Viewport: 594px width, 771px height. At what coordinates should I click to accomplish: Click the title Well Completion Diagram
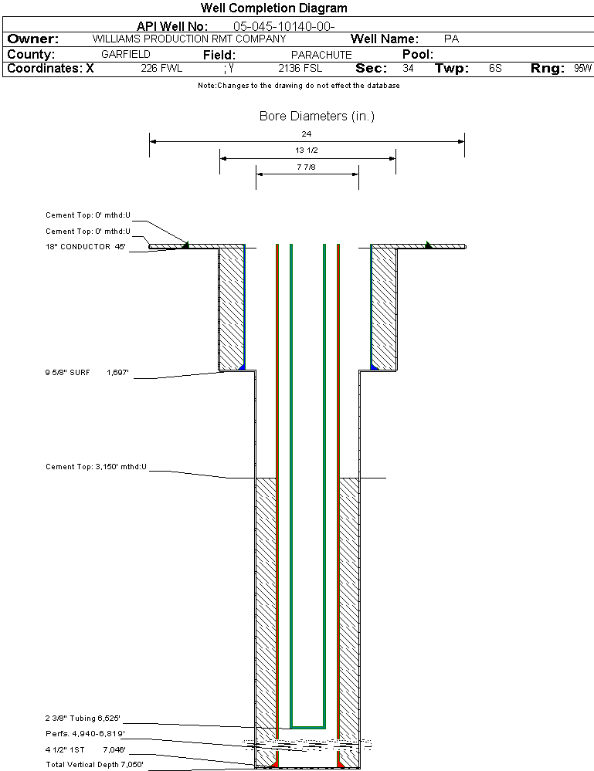point(273,8)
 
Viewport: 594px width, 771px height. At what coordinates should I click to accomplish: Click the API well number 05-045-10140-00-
point(284,26)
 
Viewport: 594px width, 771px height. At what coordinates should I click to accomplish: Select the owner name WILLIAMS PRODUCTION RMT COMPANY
point(189,39)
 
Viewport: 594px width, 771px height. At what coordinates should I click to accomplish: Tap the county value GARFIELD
point(126,54)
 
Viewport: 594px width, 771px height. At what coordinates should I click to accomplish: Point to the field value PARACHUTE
point(321,55)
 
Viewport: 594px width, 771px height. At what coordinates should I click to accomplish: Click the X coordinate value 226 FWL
point(161,68)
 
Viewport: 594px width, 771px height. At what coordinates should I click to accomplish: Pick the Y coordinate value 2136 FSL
point(300,68)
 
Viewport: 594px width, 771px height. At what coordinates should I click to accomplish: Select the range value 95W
point(582,68)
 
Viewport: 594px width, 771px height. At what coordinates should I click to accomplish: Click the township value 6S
point(495,68)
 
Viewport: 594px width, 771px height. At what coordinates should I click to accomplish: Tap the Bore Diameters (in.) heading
point(317,116)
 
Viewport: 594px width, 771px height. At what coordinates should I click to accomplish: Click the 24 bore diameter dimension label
point(306,134)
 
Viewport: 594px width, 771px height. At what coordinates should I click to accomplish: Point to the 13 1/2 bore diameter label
point(306,150)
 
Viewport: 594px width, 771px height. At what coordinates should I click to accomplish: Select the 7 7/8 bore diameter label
point(306,167)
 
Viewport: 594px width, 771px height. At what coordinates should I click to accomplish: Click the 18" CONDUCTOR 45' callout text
point(86,246)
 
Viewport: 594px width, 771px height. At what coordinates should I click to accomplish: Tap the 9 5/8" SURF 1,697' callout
point(87,373)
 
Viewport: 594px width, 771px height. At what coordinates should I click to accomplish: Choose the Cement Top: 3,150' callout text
point(96,467)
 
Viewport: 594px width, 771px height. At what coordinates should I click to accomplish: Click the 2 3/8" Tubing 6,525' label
point(83,719)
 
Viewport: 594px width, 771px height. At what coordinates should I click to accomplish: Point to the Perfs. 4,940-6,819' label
point(85,734)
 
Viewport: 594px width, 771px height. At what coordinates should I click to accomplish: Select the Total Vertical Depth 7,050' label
point(94,765)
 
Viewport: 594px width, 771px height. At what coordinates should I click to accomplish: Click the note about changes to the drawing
point(299,86)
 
